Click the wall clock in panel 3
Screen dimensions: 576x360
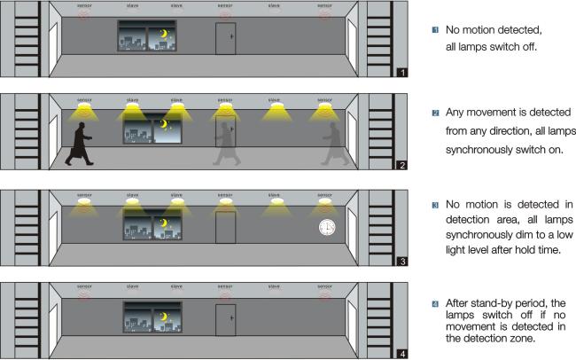pos(327,227)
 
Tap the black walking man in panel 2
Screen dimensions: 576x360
pos(79,144)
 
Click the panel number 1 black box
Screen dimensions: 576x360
pos(402,73)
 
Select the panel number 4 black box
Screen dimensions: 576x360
pos(402,354)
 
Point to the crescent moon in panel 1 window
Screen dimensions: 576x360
pos(164,34)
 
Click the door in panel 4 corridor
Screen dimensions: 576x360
pos(226,320)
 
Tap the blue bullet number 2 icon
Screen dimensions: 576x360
pos(435,113)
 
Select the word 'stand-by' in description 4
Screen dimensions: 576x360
pos(491,303)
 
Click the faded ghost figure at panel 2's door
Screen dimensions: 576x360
pos(226,144)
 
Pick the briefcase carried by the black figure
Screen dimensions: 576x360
pos(75,152)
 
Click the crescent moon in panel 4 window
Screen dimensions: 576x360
pos(164,317)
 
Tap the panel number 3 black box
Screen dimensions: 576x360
pos(402,262)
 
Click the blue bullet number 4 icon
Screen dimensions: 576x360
pos(435,304)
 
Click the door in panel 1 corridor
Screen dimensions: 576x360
pos(226,39)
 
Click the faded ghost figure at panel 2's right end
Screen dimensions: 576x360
pos(335,144)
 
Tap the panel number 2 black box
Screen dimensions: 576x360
pos(402,165)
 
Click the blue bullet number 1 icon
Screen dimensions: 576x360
pos(435,30)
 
